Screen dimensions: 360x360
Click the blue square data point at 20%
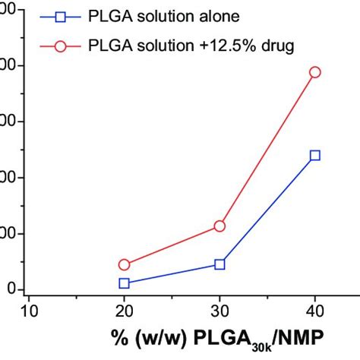pos(125,283)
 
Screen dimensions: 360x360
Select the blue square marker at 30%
pos(219,264)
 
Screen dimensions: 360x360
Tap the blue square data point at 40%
pos(315,155)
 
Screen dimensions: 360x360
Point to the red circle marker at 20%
pos(125,264)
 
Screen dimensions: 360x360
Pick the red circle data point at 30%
pos(219,226)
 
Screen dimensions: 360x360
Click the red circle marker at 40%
pos(315,72)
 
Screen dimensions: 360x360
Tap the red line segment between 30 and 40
pos(267,149)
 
